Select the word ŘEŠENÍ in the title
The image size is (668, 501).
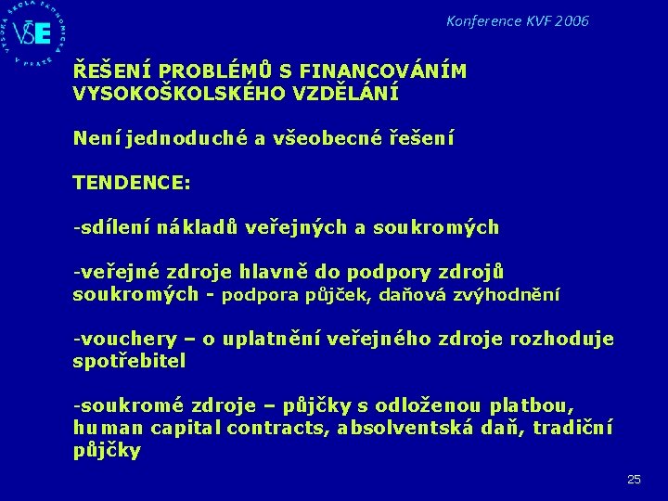107,71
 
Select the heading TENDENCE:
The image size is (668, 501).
132,183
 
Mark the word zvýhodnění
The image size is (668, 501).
508,295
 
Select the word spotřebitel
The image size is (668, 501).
129,362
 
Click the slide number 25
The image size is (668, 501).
634,479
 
